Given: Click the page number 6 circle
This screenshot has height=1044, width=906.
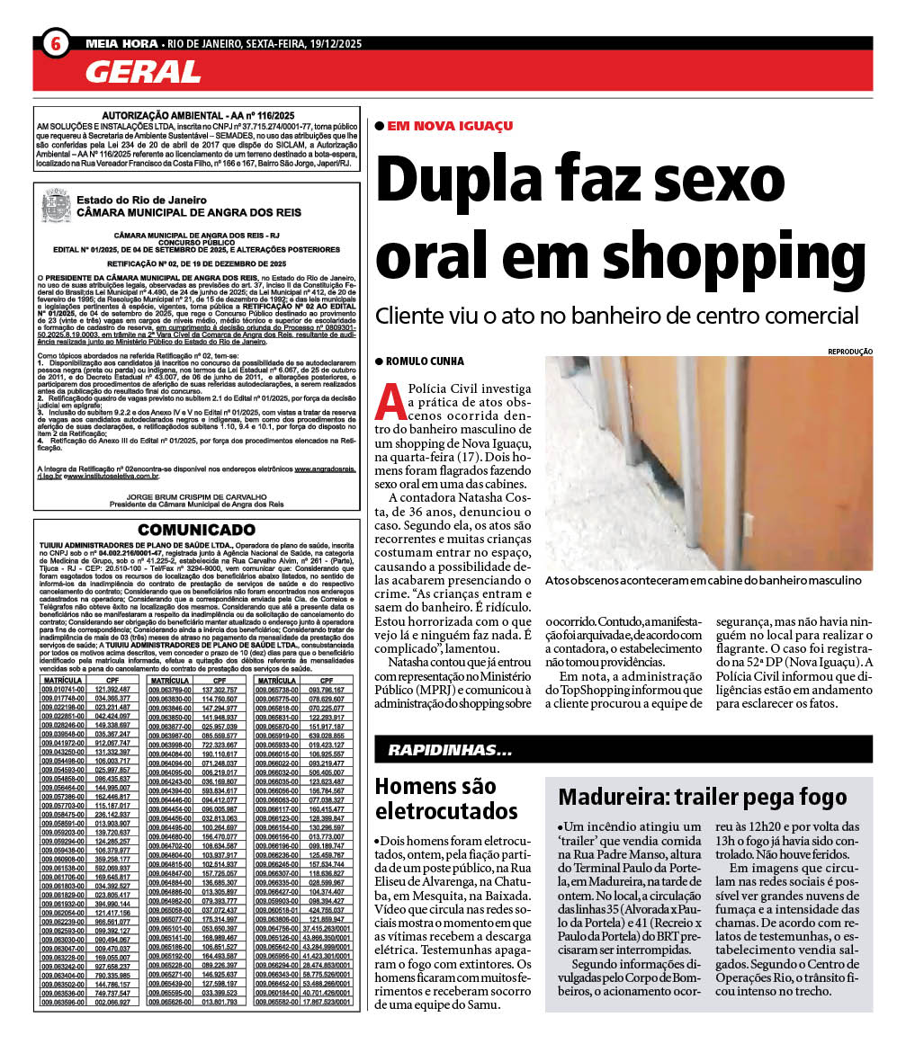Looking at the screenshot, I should coord(55,43).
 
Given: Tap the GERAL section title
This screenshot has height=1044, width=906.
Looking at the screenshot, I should coord(143,71).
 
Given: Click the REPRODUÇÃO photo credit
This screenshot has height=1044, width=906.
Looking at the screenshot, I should coord(848,352).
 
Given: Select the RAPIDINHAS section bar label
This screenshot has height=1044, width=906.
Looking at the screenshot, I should coord(450,749).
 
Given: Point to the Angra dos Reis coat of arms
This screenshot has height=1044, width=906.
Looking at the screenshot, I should coord(56,206).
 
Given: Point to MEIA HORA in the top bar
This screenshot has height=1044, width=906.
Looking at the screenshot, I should coord(121,43).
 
